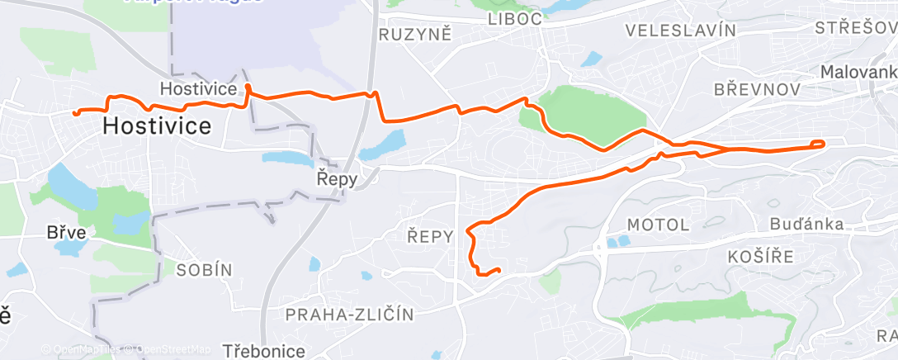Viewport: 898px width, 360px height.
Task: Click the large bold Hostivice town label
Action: [157, 126]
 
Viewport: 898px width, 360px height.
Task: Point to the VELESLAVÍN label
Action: [680, 31]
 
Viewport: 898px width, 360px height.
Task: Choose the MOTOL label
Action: [658, 224]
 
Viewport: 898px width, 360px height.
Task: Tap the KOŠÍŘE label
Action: [760, 257]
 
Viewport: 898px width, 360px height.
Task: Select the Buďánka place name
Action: [806, 224]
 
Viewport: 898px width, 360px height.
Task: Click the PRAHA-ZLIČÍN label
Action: [349, 314]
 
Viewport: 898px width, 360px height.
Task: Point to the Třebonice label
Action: [263, 351]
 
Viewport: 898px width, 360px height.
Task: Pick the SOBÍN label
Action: [204, 269]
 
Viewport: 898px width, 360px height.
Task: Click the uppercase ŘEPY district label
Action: [430, 237]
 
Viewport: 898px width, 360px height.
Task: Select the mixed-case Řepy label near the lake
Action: [338, 178]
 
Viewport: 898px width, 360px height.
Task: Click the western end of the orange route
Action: [75, 112]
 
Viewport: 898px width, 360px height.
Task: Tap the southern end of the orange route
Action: [499, 269]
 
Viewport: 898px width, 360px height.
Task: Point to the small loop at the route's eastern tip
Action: [818, 144]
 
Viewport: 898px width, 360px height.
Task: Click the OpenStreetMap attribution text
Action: [174, 349]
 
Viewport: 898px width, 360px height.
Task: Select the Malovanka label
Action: [858, 73]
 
